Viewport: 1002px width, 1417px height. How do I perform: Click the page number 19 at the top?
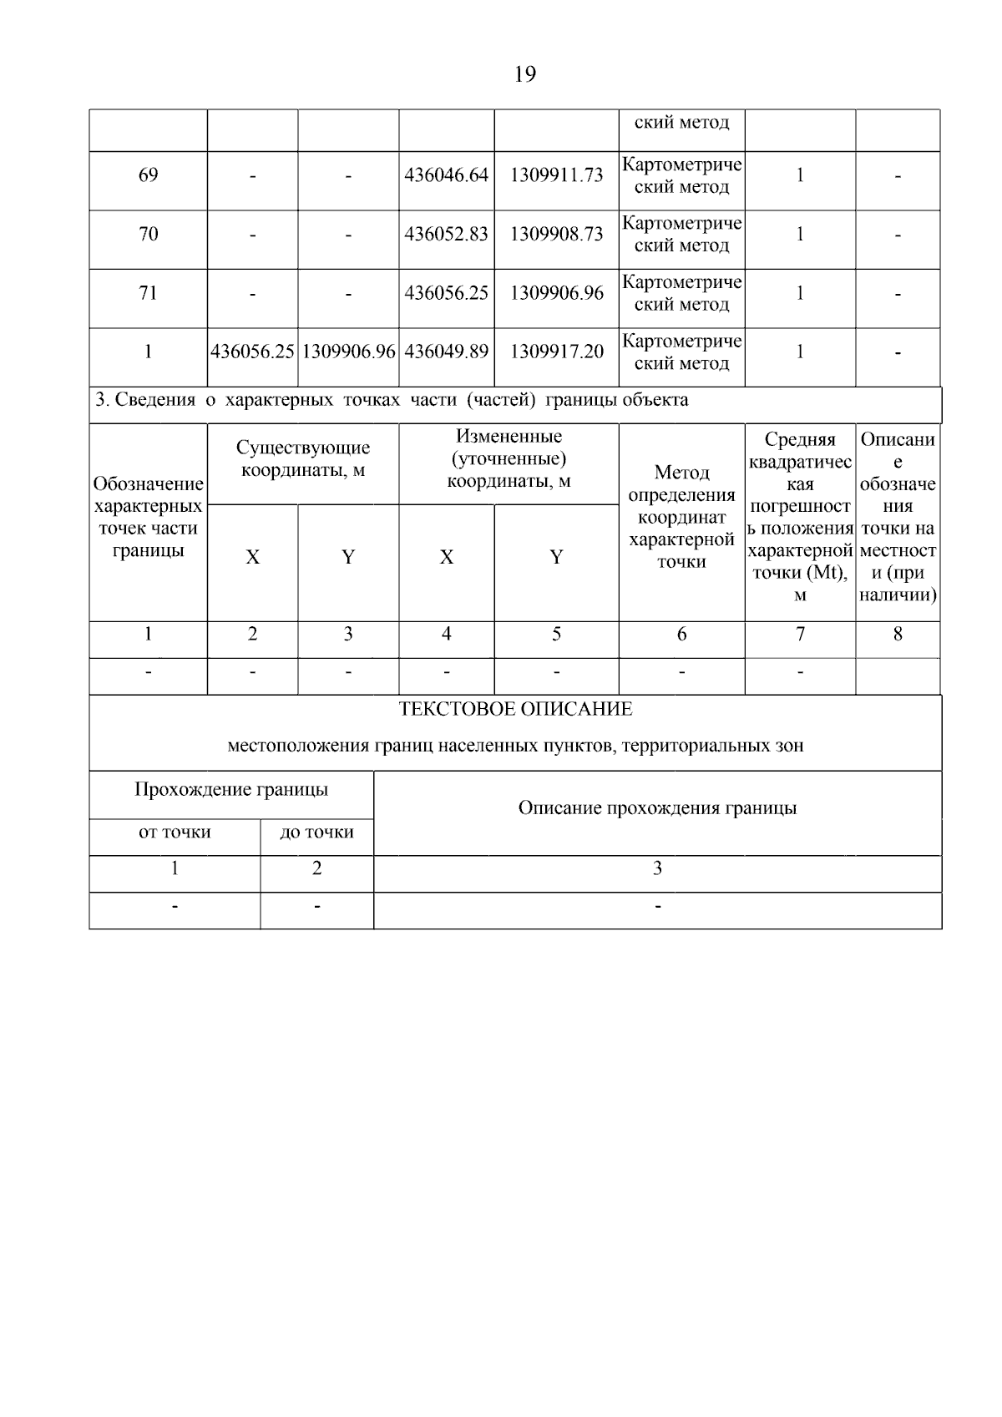point(524,75)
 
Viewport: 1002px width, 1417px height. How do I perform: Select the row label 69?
point(148,175)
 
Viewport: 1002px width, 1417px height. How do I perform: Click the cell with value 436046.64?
point(446,175)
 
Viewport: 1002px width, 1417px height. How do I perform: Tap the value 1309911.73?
point(556,175)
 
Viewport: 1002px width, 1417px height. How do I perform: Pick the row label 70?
point(148,234)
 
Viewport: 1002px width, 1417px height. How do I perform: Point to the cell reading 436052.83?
point(446,234)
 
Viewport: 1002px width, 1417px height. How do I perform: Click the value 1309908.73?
point(556,234)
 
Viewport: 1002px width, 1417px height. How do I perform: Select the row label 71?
point(148,293)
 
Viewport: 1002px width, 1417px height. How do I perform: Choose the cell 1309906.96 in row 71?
point(556,293)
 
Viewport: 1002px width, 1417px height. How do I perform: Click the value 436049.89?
point(446,352)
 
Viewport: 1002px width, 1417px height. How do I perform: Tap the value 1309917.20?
point(556,352)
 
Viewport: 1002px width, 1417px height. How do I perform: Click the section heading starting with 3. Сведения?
point(392,400)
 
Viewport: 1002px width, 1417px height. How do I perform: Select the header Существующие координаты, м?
point(302,459)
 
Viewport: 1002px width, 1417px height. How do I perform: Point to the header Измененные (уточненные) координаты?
point(509,458)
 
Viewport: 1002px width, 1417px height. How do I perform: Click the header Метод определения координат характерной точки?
point(681,517)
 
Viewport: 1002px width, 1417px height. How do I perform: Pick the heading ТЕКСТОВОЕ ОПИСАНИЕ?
point(515,710)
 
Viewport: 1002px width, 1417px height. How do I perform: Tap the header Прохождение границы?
point(231,790)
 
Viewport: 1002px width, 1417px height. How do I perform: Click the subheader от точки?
point(175,832)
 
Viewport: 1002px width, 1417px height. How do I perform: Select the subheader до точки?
point(316,832)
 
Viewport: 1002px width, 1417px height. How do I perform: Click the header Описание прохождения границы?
point(657,808)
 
